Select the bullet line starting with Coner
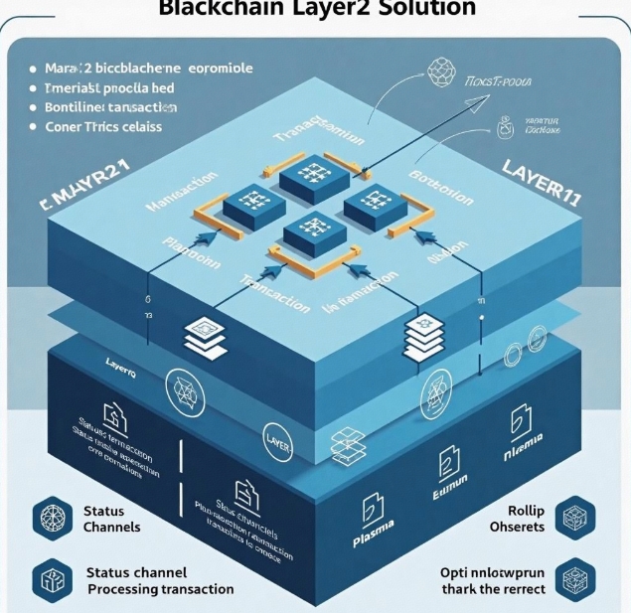pos(105,127)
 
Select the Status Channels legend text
pos(112,519)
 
